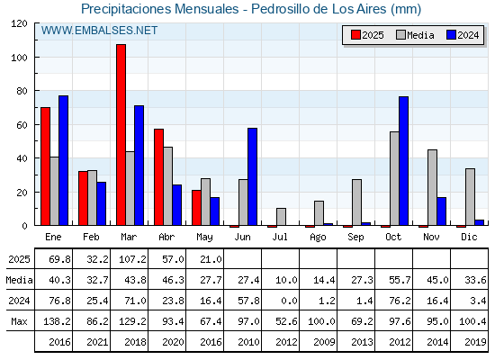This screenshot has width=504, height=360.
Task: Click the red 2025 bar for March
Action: [121, 135]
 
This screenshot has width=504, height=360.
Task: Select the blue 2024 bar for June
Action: [252, 176]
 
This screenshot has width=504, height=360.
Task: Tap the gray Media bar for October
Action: [394, 178]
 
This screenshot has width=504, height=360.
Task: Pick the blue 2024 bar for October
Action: [404, 161]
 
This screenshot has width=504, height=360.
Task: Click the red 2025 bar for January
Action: [46, 166]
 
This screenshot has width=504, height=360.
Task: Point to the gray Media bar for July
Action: [281, 217]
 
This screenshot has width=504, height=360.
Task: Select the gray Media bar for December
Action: [470, 197]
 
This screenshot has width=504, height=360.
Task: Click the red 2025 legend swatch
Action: [355, 35]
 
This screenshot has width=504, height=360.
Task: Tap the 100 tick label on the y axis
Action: [20, 58]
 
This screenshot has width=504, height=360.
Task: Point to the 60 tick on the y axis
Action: [22, 125]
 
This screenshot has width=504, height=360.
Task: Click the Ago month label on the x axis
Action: [318, 238]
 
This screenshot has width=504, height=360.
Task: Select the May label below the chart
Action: [204, 238]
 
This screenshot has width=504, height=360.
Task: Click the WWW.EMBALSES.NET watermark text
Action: [99, 31]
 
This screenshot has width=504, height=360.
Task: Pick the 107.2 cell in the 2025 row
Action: [132, 259]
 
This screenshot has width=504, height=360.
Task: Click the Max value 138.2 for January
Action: [57, 321]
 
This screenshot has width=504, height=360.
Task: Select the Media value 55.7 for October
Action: [400, 280]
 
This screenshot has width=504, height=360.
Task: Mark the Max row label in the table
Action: [19, 321]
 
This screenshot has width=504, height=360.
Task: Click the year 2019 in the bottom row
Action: [475, 342]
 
